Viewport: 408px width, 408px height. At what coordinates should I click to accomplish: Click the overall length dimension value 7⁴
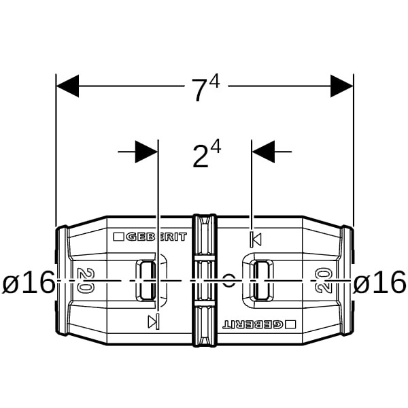[x=205, y=88]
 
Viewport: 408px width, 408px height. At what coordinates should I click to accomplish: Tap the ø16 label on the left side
[x=28, y=282]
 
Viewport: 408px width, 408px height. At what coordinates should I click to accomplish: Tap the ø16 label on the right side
[x=379, y=282]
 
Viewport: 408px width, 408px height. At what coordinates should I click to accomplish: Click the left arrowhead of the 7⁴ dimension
[x=67, y=86]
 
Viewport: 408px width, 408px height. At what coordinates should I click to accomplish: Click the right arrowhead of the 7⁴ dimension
[x=341, y=86]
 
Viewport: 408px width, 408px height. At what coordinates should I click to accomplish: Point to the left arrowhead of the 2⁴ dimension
[x=146, y=152]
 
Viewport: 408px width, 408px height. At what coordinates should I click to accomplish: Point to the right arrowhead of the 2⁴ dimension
[x=263, y=152]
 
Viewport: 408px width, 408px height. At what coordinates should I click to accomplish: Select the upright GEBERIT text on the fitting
[x=156, y=237]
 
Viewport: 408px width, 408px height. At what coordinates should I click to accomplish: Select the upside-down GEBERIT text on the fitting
[x=253, y=324]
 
